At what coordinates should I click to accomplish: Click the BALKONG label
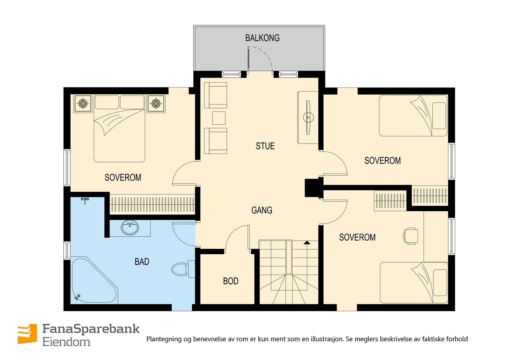(262, 38)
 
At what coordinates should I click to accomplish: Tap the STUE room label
(265, 146)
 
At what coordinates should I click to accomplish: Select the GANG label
(262, 210)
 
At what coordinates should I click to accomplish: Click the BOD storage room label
(231, 281)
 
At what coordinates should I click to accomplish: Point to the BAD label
(142, 262)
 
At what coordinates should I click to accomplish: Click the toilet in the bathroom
(181, 269)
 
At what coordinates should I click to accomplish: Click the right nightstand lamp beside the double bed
(156, 103)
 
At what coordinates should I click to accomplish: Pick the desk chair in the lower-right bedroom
(411, 236)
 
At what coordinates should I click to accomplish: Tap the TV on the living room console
(308, 116)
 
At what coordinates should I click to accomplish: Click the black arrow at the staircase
(307, 243)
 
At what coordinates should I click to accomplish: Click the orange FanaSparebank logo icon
(27, 334)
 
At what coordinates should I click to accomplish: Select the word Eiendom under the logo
(66, 342)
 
